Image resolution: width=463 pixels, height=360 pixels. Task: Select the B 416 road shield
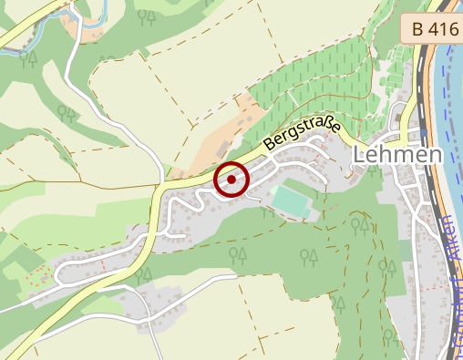coord(430,29)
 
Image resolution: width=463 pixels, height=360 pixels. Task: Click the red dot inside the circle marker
coord(231,180)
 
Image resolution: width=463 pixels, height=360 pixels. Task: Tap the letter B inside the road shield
coord(418,29)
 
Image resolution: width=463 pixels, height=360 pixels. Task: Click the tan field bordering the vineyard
coord(219,137)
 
